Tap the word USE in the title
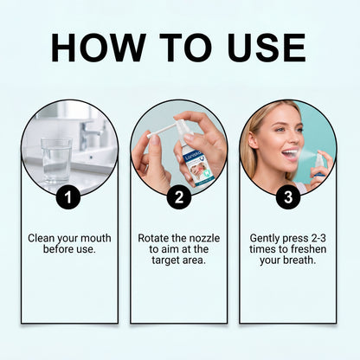coord(267,48)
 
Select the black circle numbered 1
coord(68,197)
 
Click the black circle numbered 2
coord(179,197)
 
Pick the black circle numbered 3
coord(288,197)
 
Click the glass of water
coord(56,161)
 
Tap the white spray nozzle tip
coord(150,135)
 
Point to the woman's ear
coord(253,140)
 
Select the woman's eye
coord(279,130)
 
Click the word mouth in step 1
coord(96,239)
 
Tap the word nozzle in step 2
coord(203,239)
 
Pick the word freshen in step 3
coord(309,249)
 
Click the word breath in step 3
coord(299,260)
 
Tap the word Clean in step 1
coord(41,239)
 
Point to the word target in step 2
coord(165,260)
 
